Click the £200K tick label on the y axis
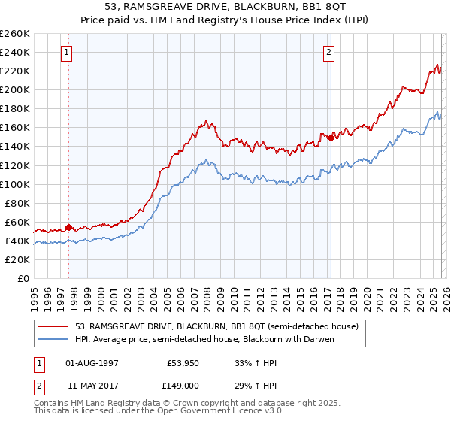[x=15, y=89]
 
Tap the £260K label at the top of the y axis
[x=15, y=34]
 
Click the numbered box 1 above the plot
[x=68, y=53]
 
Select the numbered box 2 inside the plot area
[x=330, y=53]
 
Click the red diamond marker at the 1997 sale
[x=68, y=227]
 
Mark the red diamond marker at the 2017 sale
[x=330, y=138]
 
